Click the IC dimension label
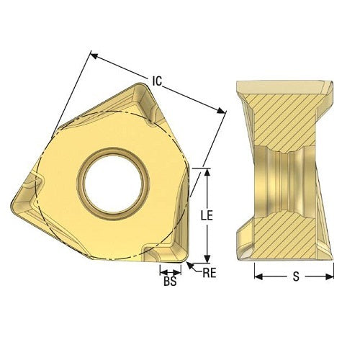pyautogui.click(x=156, y=81)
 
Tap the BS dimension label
pyautogui.click(x=171, y=282)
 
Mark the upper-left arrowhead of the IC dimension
pyautogui.click(x=92, y=53)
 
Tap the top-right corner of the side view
pyautogui.click(x=333, y=83)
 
